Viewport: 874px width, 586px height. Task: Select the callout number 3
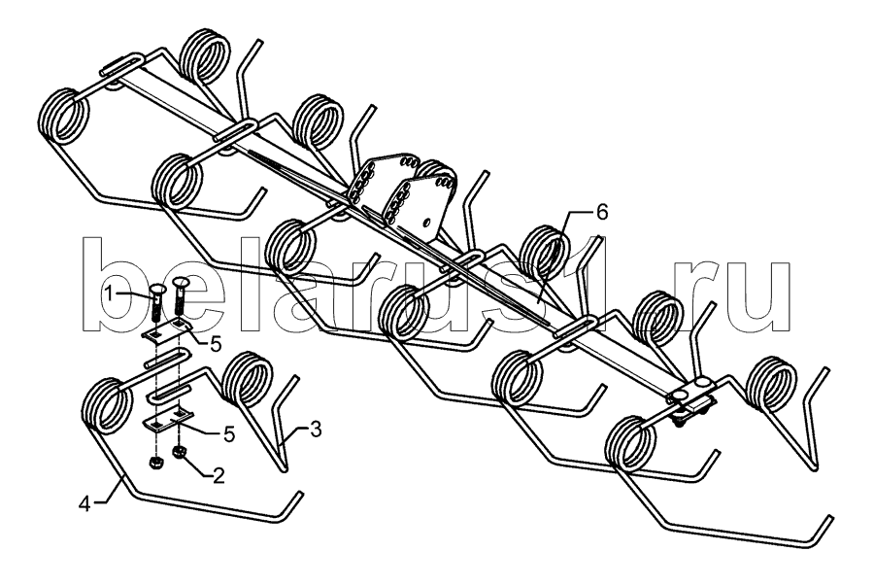point(315,431)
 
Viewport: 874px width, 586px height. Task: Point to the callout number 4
point(84,504)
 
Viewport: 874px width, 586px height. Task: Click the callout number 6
point(602,212)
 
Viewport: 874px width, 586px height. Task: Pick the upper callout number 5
point(215,345)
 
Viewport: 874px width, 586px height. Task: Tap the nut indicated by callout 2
point(181,452)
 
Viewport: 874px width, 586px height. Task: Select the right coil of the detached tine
point(247,383)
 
